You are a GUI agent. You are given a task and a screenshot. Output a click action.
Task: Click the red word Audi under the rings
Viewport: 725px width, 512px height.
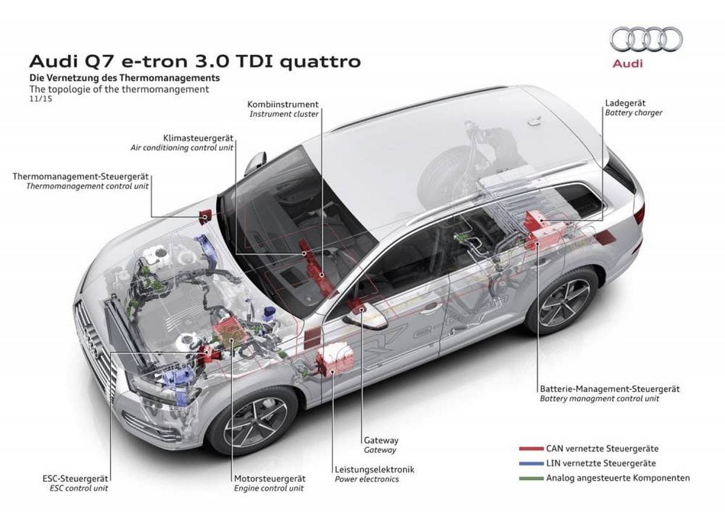click(x=628, y=64)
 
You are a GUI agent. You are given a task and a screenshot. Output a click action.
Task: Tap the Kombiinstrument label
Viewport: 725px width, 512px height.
click(x=283, y=104)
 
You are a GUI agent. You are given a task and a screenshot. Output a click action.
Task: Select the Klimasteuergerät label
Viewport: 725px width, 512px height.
click(x=198, y=138)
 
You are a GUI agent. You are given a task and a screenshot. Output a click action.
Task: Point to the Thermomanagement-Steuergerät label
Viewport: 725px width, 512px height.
click(x=80, y=176)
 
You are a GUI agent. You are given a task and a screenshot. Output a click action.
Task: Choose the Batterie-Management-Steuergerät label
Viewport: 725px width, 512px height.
click(x=610, y=389)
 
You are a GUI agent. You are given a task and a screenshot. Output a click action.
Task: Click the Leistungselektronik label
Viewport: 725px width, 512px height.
click(x=375, y=469)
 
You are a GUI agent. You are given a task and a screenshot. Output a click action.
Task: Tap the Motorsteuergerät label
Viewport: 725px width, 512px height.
click(x=270, y=478)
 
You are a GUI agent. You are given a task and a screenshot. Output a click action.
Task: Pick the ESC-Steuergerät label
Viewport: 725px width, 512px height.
click(x=75, y=478)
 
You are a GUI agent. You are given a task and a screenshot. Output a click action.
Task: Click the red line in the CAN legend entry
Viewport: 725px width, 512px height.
click(x=531, y=449)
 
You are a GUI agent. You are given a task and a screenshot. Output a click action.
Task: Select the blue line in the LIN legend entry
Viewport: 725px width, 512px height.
click(x=531, y=464)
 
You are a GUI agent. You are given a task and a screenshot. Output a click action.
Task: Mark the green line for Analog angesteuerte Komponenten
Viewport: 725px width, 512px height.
click(x=531, y=478)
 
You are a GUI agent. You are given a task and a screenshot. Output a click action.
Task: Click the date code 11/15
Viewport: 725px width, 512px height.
click(x=40, y=99)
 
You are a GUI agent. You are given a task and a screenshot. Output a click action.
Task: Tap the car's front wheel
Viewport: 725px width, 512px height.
click(x=255, y=423)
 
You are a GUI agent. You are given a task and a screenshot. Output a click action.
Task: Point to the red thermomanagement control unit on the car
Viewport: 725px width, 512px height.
click(x=205, y=215)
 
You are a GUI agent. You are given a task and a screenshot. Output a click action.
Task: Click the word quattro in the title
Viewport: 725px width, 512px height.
click(x=321, y=62)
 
